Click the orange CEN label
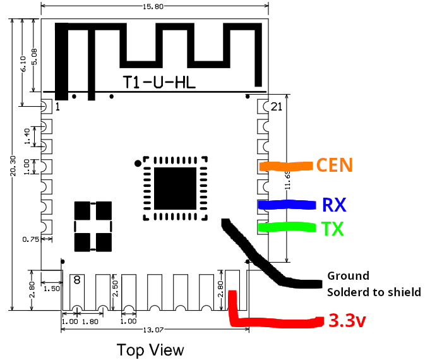[334, 165]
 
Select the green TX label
[333, 229]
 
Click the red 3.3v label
[347, 321]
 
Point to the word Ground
[347, 276]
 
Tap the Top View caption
[150, 349]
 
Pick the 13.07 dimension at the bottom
[154, 331]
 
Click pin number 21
[276, 107]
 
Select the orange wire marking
[285, 166]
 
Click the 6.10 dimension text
[23, 62]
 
